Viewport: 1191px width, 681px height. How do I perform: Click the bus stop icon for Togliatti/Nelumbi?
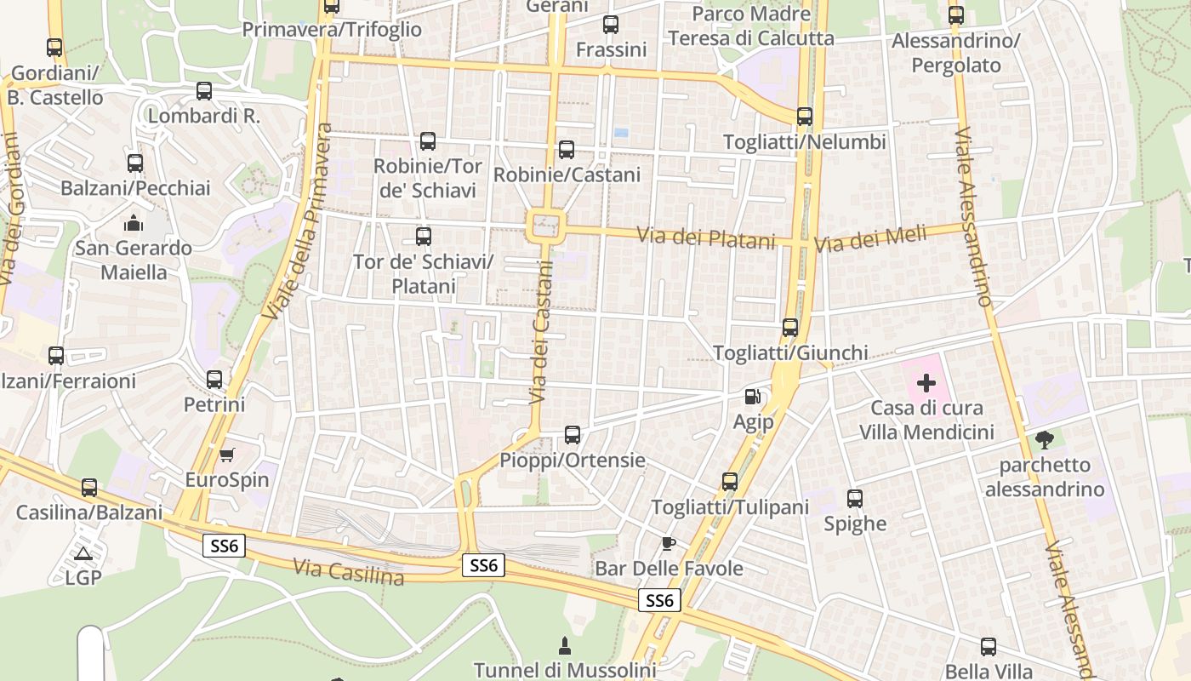(x=804, y=117)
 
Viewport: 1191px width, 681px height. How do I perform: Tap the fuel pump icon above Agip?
(x=752, y=396)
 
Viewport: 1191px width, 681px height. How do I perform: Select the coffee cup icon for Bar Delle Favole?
(x=669, y=543)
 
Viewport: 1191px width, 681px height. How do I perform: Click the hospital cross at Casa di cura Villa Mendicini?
(x=926, y=383)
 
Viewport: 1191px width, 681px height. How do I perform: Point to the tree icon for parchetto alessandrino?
(x=1045, y=440)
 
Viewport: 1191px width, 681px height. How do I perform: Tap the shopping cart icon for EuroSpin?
(x=226, y=455)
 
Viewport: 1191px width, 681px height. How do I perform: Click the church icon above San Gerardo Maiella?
(x=134, y=224)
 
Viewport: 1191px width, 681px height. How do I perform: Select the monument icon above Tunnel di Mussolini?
(x=563, y=645)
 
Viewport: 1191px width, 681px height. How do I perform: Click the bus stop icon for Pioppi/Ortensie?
(x=573, y=435)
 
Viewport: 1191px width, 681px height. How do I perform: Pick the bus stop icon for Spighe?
(x=855, y=498)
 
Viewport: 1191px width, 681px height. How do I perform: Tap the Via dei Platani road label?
(x=706, y=237)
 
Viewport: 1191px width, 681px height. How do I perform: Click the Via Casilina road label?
(x=348, y=571)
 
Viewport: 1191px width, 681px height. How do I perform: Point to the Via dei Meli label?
(x=869, y=238)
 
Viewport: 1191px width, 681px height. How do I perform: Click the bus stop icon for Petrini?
(x=214, y=379)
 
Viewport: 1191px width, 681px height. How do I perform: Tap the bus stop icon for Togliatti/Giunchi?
(x=790, y=327)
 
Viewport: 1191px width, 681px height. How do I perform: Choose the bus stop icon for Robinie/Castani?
(x=567, y=150)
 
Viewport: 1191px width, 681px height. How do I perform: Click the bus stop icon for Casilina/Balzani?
(x=89, y=488)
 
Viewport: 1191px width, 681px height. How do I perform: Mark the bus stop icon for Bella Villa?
(x=988, y=646)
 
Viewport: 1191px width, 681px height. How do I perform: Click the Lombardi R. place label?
(x=204, y=117)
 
